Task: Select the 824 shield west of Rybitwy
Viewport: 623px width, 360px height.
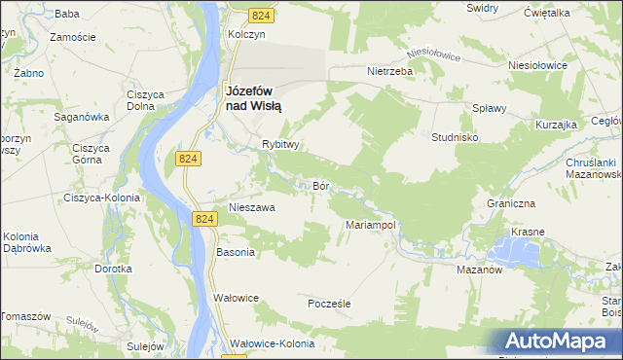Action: (189, 158)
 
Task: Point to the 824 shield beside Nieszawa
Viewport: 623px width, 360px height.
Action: (204, 221)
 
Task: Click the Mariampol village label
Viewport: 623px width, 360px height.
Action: (369, 225)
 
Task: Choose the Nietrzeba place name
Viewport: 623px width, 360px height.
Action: (390, 71)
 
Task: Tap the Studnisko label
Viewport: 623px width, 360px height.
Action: (455, 137)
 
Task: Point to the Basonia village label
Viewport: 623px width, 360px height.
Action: (235, 252)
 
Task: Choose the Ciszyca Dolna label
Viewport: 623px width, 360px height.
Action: (144, 100)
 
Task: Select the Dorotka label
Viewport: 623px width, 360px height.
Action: (113, 268)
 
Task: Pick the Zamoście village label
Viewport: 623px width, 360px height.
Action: (72, 36)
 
